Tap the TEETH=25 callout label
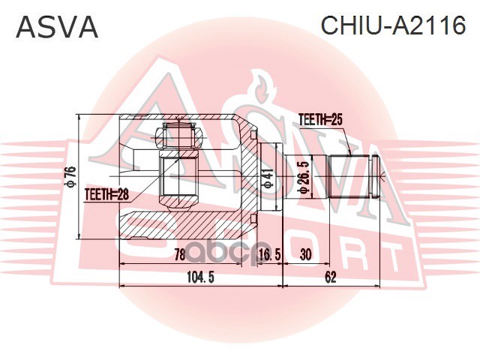(321, 118)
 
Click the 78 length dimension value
(178, 255)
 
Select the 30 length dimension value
(305, 255)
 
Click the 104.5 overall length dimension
(200, 277)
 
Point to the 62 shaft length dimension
(331, 277)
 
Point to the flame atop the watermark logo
(262, 86)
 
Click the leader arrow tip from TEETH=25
(349, 154)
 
